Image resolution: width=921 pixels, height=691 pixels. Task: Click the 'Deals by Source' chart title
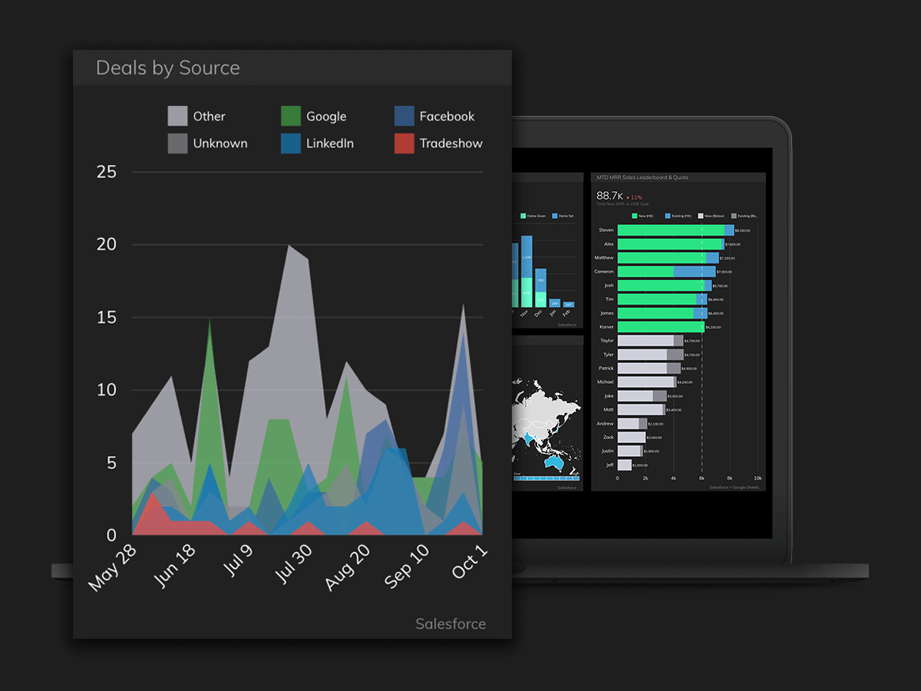(167, 68)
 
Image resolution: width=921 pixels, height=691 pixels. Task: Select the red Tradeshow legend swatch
(404, 143)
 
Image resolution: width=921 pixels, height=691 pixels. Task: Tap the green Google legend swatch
(291, 116)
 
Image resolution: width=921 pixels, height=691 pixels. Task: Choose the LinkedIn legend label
(329, 143)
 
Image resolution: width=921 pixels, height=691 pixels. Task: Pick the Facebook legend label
(447, 116)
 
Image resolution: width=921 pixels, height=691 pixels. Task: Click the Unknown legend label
(220, 143)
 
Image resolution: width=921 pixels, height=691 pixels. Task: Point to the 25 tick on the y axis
(107, 172)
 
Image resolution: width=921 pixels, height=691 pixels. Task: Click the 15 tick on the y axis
(107, 317)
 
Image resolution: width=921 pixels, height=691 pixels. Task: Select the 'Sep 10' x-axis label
(407, 567)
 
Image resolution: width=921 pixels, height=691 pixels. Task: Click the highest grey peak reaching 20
(289, 247)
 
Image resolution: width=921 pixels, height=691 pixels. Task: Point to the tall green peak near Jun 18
(210, 322)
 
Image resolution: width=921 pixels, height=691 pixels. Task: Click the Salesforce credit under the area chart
(451, 623)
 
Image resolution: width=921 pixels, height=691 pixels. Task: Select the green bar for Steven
(669, 230)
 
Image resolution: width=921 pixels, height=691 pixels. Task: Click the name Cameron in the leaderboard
(603, 272)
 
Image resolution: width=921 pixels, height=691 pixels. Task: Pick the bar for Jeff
(624, 465)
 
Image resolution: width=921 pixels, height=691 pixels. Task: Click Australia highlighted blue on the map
(553, 463)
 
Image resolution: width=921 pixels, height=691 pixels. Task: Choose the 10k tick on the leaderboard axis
(758, 478)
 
